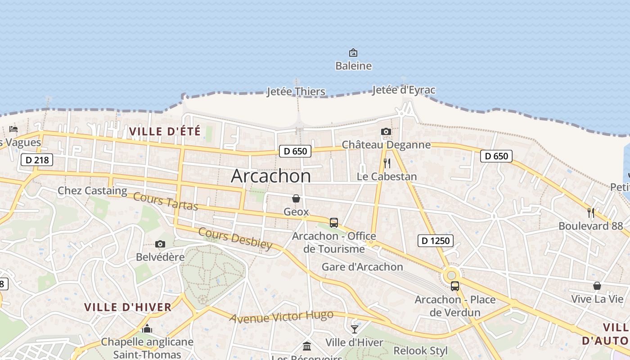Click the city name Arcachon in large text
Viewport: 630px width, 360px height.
tap(270, 176)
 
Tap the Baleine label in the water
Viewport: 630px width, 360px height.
tap(353, 66)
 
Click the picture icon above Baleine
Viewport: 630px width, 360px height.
tap(353, 53)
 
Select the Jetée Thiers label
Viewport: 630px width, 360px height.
tap(296, 92)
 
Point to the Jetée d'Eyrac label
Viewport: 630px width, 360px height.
tap(404, 90)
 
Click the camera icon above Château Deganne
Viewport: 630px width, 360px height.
tap(386, 132)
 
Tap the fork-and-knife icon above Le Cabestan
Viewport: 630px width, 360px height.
tap(387, 163)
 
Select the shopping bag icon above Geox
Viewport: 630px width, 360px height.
tap(296, 198)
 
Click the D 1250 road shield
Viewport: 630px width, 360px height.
tap(436, 241)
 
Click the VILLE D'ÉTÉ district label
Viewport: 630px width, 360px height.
tap(165, 132)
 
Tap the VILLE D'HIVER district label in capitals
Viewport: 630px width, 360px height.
tap(128, 307)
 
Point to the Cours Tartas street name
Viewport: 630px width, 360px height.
tap(166, 201)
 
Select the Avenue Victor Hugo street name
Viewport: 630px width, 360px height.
tap(282, 316)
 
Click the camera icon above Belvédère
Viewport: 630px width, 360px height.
tap(160, 244)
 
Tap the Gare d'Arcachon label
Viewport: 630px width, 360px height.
tap(362, 267)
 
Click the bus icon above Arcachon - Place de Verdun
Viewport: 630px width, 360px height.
tap(455, 286)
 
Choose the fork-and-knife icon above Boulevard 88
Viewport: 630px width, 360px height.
tap(591, 213)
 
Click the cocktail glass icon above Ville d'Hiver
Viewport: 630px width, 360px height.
tap(355, 329)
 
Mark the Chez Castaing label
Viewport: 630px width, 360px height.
tap(92, 191)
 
